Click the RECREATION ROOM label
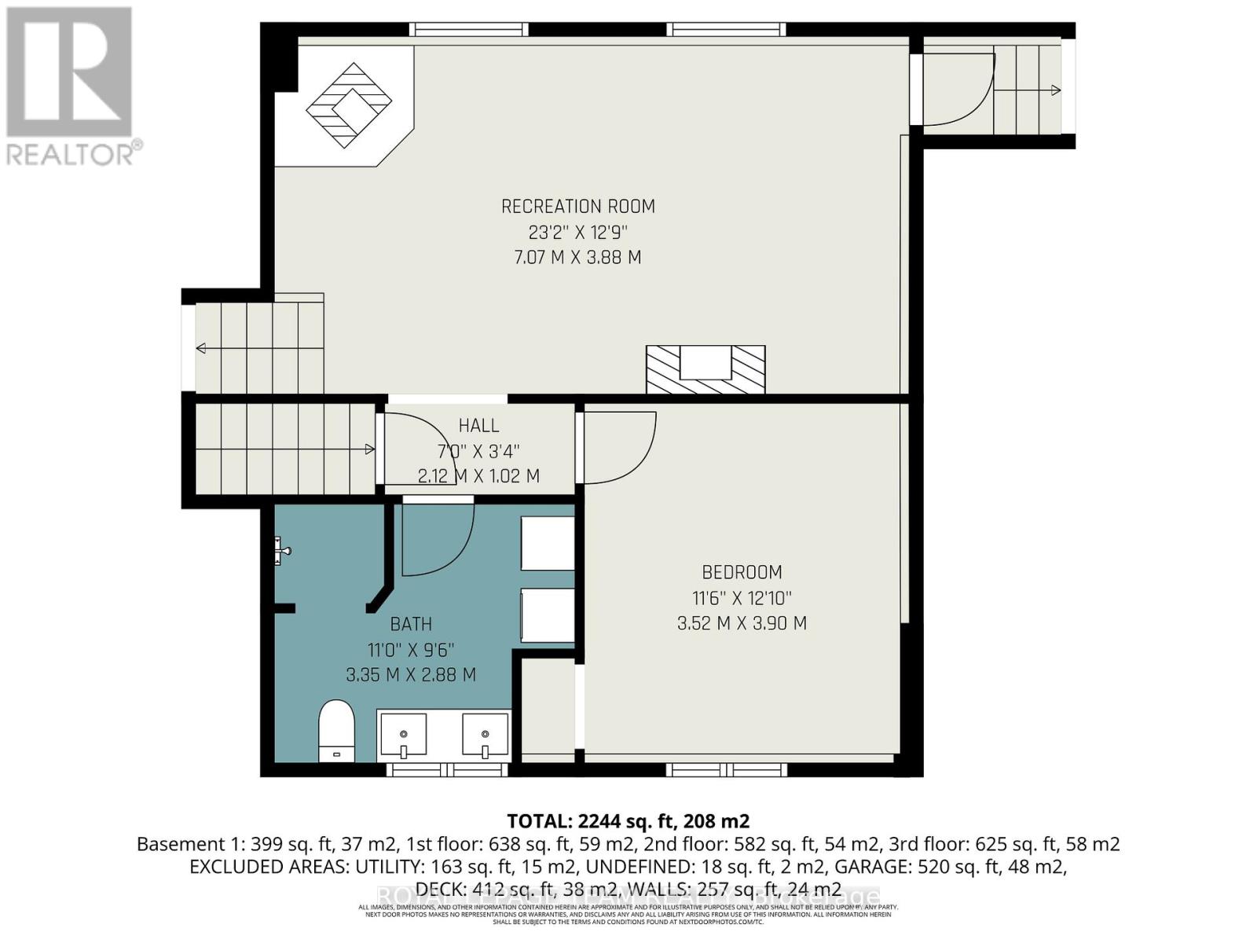[x=577, y=207]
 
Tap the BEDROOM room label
[x=742, y=572]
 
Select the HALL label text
[x=478, y=426]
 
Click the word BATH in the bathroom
[x=411, y=624]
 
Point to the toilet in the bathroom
[x=337, y=731]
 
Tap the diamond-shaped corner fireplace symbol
[x=349, y=105]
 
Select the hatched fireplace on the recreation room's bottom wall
[x=705, y=369]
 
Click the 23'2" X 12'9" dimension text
[x=577, y=233]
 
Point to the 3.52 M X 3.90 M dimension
[x=742, y=623]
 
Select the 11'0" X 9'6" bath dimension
[x=411, y=650]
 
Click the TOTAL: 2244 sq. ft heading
[x=628, y=821]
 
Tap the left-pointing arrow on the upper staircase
[x=202, y=348]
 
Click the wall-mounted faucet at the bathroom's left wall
[x=282, y=550]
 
